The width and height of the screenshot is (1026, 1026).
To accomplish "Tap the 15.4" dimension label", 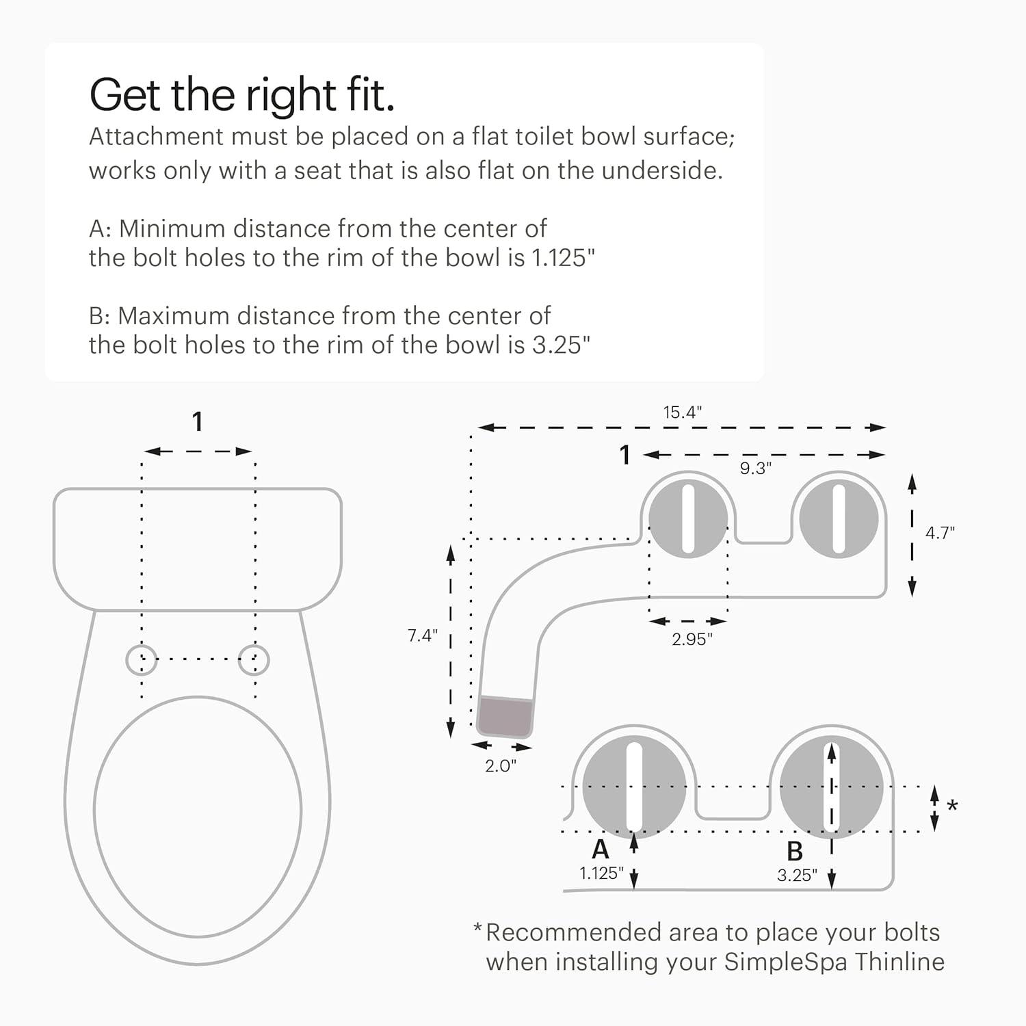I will (x=682, y=412).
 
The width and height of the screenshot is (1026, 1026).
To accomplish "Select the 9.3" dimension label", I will (x=755, y=468).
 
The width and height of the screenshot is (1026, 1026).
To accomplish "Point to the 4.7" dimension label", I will (x=940, y=533).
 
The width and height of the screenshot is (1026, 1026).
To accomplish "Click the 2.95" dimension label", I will (x=692, y=639).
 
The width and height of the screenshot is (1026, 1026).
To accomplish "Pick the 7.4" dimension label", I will (x=422, y=635).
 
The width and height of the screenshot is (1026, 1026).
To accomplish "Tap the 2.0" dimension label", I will (x=500, y=765).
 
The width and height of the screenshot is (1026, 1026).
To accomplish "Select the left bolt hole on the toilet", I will (x=142, y=659).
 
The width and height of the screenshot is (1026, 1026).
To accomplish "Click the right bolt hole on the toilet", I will (x=254, y=659).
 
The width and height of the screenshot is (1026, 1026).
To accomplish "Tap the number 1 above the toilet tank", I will (x=197, y=421).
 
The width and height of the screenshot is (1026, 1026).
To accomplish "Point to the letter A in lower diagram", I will (x=600, y=850).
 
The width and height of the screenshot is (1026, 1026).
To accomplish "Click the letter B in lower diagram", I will (x=794, y=852).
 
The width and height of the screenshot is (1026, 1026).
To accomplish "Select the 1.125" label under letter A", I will (x=601, y=873).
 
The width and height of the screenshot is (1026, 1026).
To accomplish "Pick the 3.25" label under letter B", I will (x=797, y=875).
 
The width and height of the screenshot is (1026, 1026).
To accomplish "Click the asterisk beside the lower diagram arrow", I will (x=951, y=806).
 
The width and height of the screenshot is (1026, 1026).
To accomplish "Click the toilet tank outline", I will (x=197, y=547).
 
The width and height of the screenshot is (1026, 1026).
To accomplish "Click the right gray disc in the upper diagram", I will (x=839, y=518).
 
